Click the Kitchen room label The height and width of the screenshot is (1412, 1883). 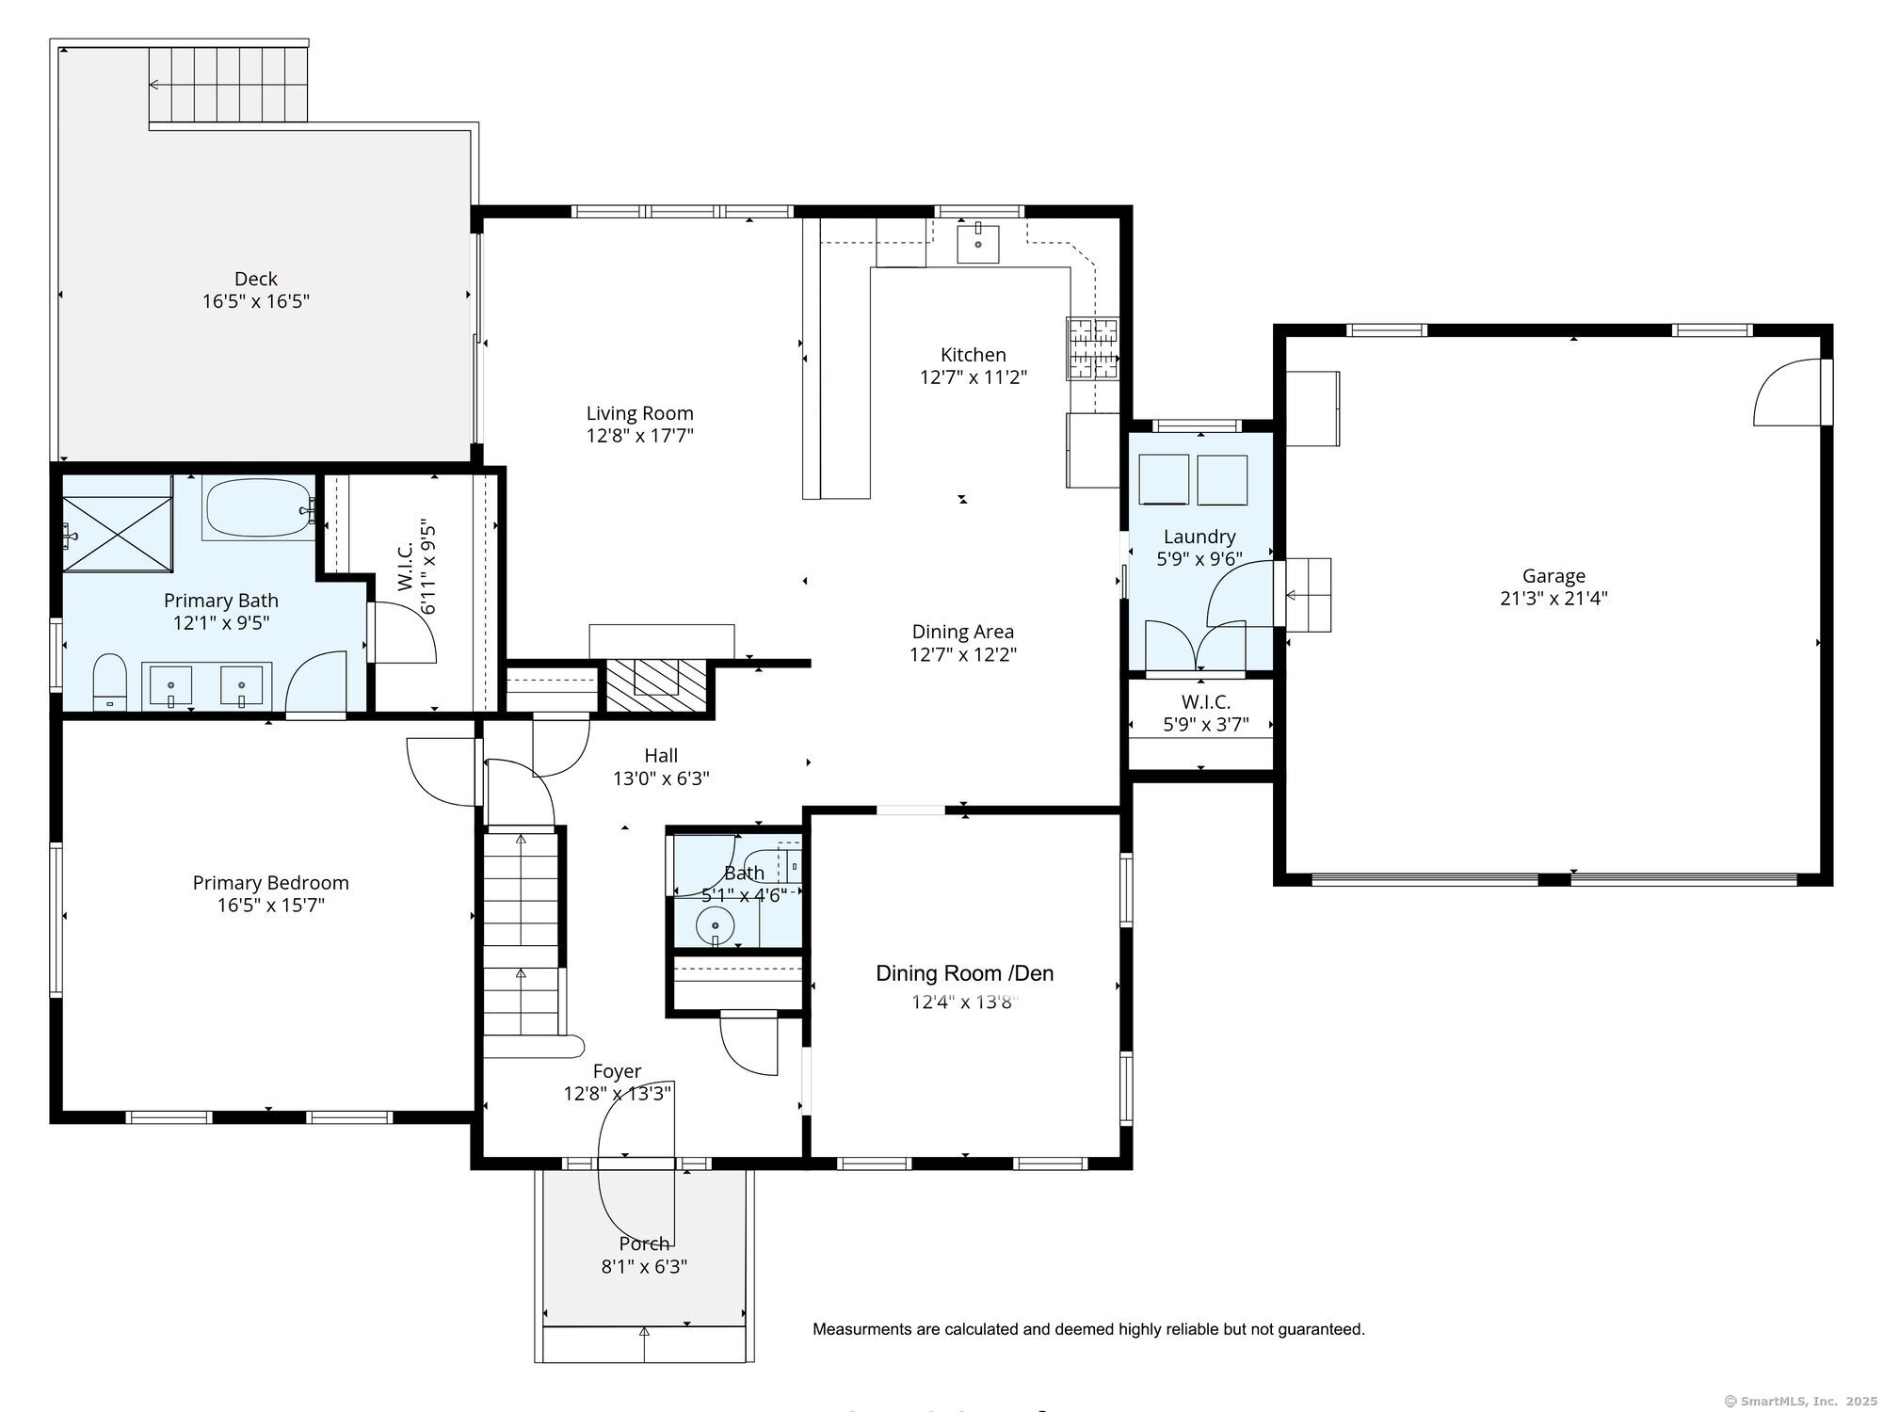[974, 355]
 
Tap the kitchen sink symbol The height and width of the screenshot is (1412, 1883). [978, 243]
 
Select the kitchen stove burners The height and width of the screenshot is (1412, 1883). [1093, 349]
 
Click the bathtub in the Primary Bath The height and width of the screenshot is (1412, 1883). [258, 509]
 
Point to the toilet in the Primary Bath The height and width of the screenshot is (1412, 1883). [109, 682]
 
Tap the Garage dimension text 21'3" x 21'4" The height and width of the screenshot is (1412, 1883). [1553, 598]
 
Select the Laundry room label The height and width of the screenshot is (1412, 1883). [1199, 537]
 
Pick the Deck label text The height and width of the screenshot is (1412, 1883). [256, 279]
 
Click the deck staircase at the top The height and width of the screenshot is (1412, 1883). [229, 85]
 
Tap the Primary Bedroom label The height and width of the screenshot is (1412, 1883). [271, 883]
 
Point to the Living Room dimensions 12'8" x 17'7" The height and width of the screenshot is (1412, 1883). [640, 435]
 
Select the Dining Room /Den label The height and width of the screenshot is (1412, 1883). [965, 973]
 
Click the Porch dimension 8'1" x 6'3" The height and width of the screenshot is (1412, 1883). [645, 1266]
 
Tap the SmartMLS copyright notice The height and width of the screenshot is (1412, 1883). [1800, 1401]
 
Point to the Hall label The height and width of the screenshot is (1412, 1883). [661, 755]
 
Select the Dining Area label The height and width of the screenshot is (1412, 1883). [963, 632]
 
